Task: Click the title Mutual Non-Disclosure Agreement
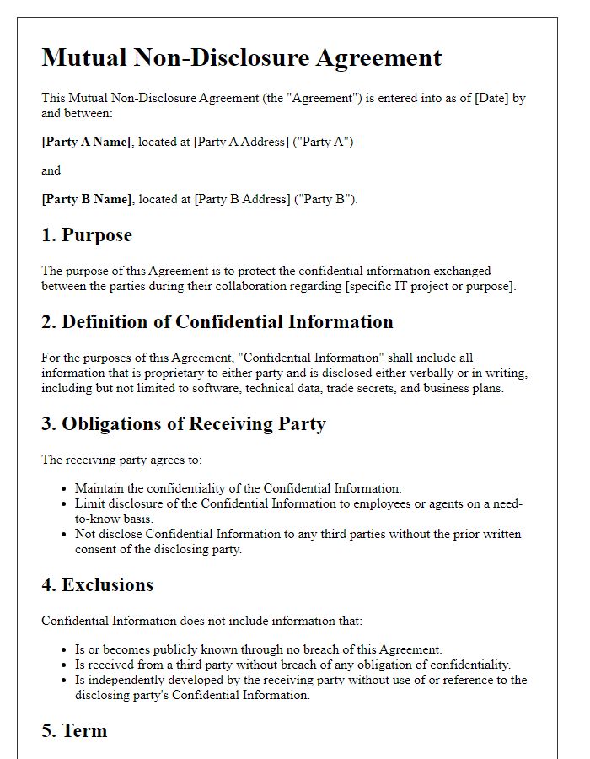242,57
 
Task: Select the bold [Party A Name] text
87,142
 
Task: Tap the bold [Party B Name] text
87,199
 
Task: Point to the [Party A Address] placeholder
240,142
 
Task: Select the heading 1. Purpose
87,235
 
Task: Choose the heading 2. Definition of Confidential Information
217,322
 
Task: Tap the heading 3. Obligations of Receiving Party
184,423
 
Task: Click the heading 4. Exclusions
98,585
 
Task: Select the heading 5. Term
74,730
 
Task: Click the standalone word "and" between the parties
51,170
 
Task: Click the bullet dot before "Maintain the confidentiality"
66,489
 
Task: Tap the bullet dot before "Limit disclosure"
66,504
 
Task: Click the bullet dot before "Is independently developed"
66,681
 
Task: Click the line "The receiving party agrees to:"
121,460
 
